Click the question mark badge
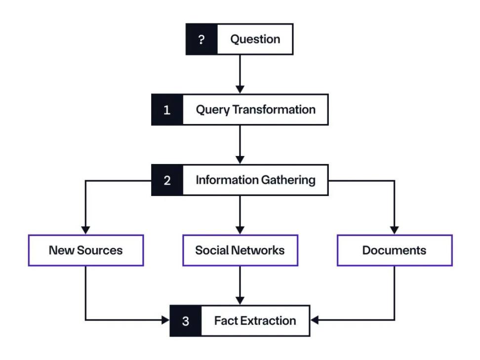(201, 39)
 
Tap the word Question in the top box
(255, 40)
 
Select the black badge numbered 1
(167, 110)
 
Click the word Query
(213, 110)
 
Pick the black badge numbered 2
(167, 180)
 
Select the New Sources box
(86, 250)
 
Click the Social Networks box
(240, 250)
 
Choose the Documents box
(395, 250)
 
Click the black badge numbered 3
(186, 321)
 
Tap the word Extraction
(268, 321)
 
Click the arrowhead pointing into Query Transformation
(240, 90)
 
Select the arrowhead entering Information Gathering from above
(240, 160)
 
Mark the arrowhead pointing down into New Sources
(86, 231)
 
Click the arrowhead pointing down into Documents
(394, 231)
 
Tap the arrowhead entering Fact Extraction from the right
(315, 320)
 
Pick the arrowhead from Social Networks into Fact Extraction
(240, 301)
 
